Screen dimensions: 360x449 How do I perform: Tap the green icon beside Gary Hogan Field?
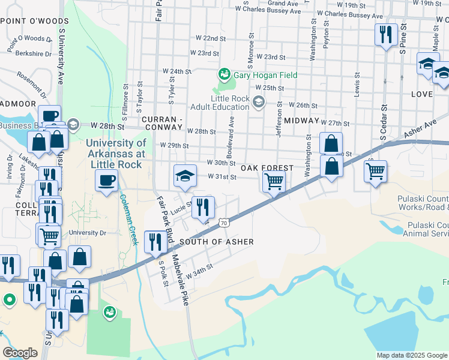224,74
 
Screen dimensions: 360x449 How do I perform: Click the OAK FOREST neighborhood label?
267,169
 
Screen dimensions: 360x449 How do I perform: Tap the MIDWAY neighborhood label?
301,121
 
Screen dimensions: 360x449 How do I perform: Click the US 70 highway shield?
224,223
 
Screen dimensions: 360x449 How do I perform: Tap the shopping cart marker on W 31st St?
274,180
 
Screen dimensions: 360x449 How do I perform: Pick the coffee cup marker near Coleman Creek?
107,181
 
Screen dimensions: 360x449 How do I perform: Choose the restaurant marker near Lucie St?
203,208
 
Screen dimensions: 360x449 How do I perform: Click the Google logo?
20,353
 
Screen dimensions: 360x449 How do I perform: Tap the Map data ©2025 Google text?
412,355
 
